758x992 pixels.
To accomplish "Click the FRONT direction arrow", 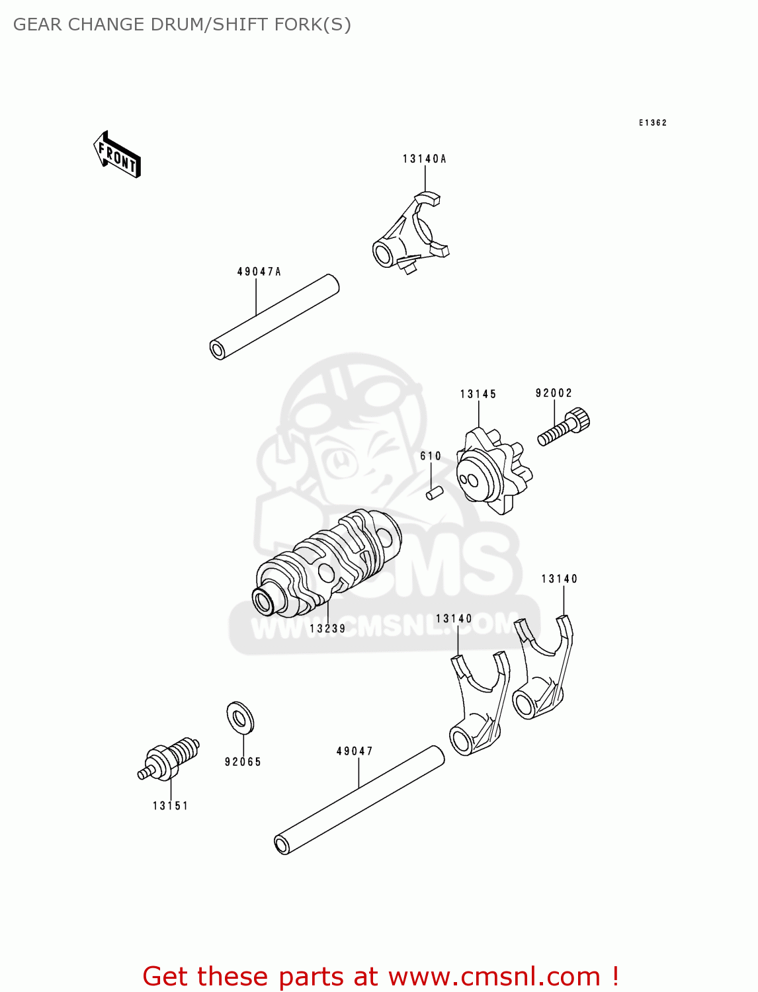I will coord(117,155).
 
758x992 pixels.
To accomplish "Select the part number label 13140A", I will coord(424,159).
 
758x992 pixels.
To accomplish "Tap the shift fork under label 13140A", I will coord(409,235).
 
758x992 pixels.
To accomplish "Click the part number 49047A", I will coord(259,272).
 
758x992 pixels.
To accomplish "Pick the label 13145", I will coord(478,394).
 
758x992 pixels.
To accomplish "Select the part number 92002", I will coord(554,393).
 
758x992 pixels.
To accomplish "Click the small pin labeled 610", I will coord(434,493).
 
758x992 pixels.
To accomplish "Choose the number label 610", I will coord(431,456).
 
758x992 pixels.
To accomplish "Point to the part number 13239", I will coord(327,629).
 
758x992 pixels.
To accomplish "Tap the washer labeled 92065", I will coord(240,718).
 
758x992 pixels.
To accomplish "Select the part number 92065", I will coord(243,762).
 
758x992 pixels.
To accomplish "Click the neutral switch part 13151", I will coord(169,759).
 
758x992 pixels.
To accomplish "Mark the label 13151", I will coord(170,806).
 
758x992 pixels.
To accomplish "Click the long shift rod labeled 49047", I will coord(359,800).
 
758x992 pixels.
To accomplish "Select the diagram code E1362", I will coord(652,123).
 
